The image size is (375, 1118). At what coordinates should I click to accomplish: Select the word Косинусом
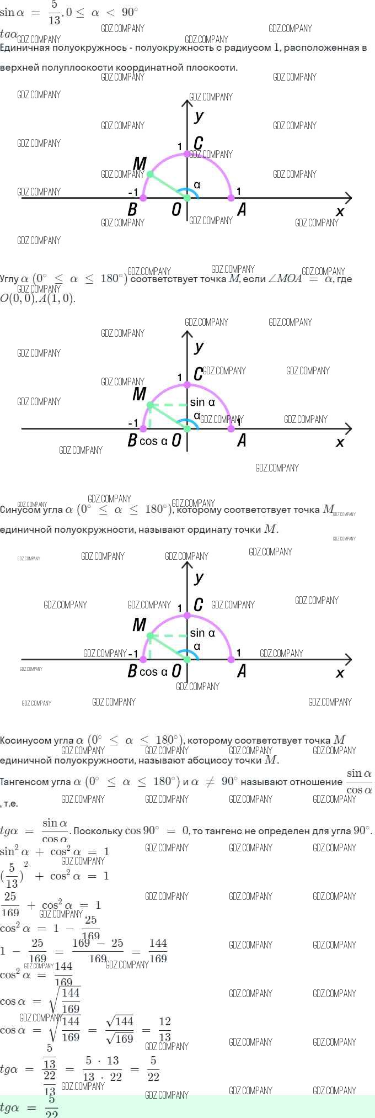25,740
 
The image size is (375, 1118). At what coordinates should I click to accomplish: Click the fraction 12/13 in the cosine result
164,1030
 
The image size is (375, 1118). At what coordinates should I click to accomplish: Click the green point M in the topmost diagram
150,174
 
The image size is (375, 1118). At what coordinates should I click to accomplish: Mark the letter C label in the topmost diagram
198,144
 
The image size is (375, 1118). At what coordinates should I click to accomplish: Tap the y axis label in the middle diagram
199,347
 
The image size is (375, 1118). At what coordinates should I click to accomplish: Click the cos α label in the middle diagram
153,441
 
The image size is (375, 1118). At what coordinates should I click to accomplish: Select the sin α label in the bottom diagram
202,633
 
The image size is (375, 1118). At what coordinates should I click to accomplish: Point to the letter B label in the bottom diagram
132,671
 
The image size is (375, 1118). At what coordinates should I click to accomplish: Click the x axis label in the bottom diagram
340,673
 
